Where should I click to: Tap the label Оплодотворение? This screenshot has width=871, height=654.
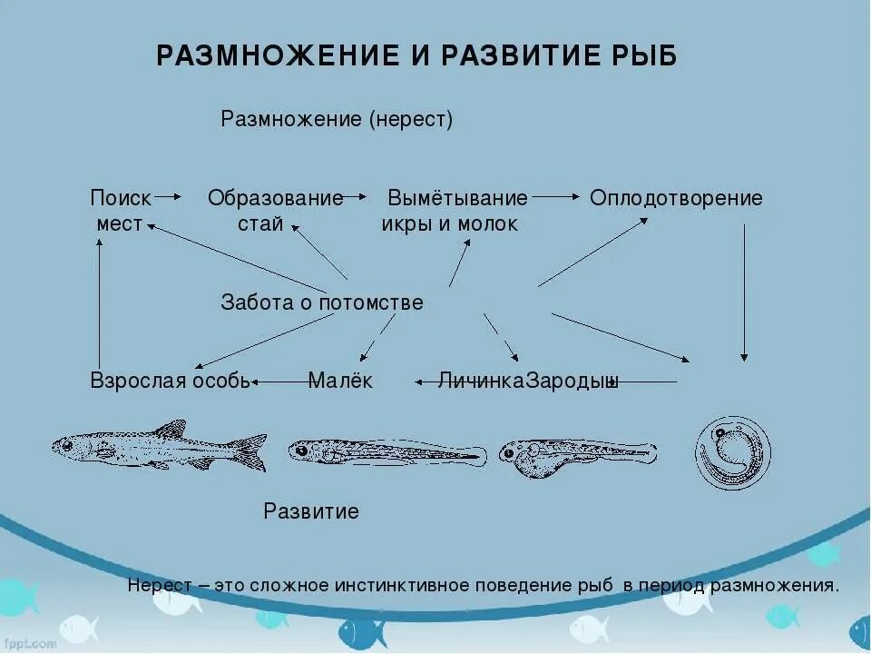pos(676,198)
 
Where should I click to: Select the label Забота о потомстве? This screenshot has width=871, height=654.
pos(322,302)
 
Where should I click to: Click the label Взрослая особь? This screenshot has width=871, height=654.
pos(170,381)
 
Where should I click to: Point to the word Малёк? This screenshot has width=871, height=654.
pos(340,381)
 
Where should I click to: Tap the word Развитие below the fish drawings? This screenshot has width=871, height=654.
pos(311,511)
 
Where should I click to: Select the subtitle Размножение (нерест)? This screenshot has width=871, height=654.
pos(337,120)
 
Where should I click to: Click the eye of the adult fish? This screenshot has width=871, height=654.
pos(66,445)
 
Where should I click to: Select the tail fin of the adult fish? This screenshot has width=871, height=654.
pos(249,451)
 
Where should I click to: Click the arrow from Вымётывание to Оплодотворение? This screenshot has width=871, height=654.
pos(556,196)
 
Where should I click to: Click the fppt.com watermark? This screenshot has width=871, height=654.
pos(32,642)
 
